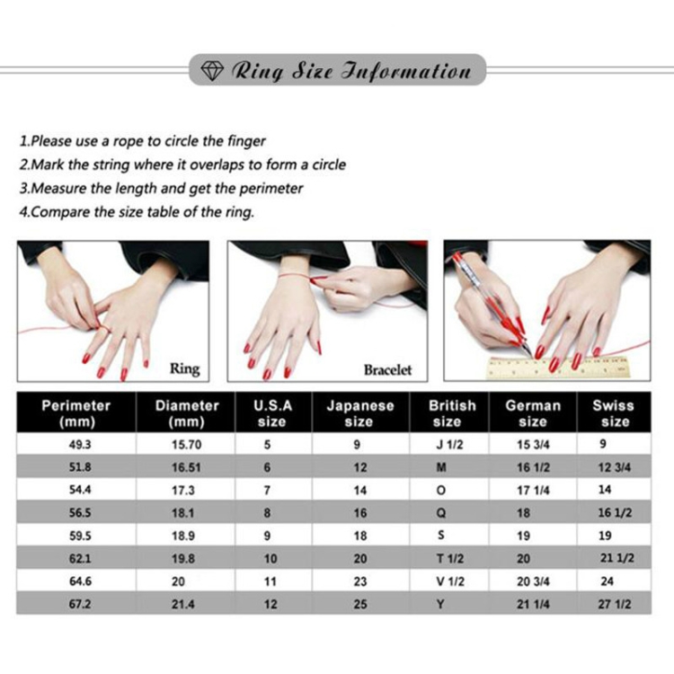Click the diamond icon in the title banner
212,70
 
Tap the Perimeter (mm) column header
76,413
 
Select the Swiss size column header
614,413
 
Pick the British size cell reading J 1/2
449,445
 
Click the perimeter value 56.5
80,513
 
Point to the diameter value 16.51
186,467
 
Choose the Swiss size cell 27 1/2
615,605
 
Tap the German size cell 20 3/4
533,581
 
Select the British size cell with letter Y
440,605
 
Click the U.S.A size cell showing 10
270,559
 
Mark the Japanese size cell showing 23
360,581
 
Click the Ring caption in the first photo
185,368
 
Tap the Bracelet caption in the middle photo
387,369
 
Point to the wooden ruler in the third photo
557,368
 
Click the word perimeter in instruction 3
270,189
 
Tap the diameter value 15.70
187,445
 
